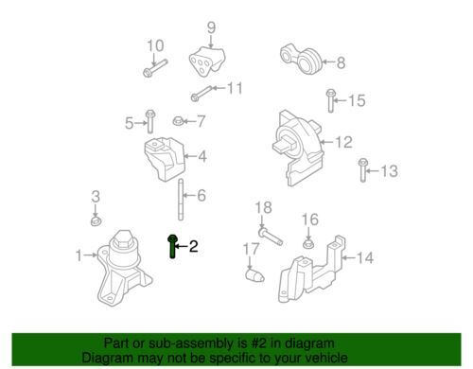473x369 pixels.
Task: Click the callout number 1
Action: click(x=79, y=255)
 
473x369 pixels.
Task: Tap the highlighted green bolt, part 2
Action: click(x=171, y=245)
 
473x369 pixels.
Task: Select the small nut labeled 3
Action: click(x=96, y=222)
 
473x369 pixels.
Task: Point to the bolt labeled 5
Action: click(x=149, y=121)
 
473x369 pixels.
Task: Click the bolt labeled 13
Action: click(x=362, y=170)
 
